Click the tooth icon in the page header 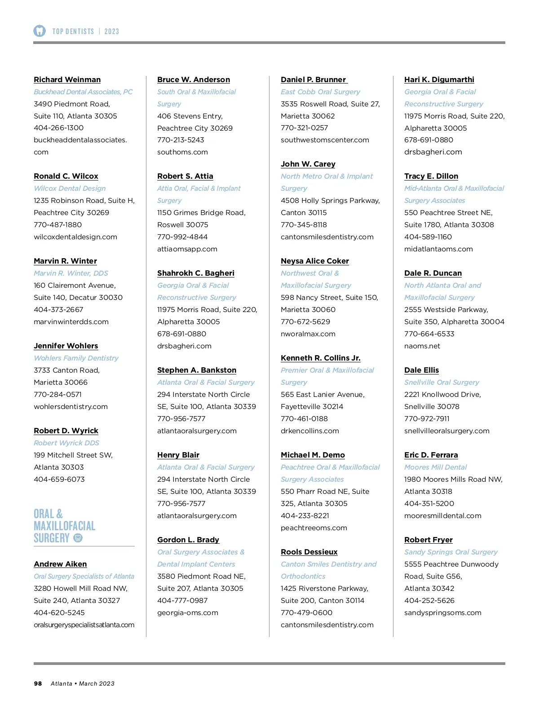[x=40, y=31]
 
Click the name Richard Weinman [x=67, y=79]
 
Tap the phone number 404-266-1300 [x=58, y=128]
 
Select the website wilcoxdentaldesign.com [x=75, y=237]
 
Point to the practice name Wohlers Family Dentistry [x=76, y=358]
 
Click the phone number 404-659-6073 [x=59, y=479]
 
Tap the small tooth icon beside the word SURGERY [x=78, y=538]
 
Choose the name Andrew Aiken [x=60, y=564]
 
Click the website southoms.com [x=182, y=152]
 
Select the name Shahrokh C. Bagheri [x=196, y=273]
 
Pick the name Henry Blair [x=178, y=455]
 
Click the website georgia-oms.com [x=188, y=612]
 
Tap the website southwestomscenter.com [x=325, y=140]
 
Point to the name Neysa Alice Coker [x=315, y=261]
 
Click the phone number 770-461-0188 [x=304, y=418]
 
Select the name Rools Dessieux [x=309, y=552]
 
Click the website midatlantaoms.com [x=438, y=249]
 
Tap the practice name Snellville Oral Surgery [x=442, y=382]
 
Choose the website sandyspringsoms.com [x=443, y=612]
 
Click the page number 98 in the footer [x=38, y=683]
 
